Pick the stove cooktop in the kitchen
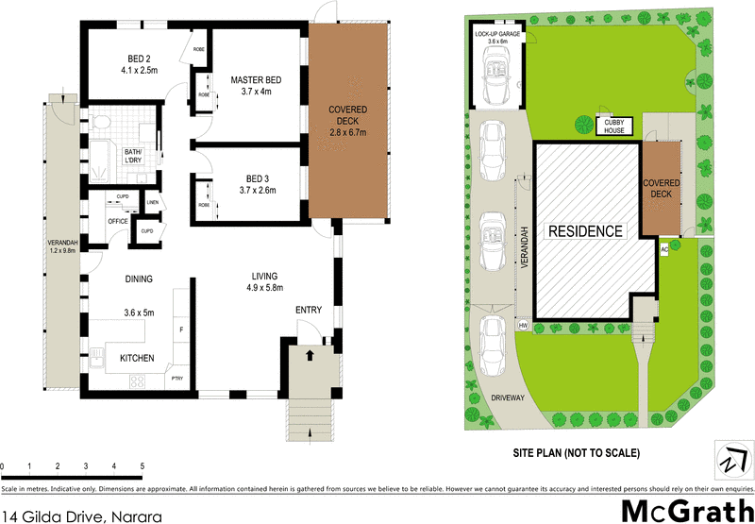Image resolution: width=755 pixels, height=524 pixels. (136, 381)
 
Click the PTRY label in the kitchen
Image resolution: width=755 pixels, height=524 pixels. (176, 380)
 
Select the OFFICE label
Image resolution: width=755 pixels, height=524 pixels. (117, 221)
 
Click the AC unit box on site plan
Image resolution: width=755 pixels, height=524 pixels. (663, 248)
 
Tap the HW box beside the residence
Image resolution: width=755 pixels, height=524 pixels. (524, 325)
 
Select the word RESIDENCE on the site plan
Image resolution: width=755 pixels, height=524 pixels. (588, 230)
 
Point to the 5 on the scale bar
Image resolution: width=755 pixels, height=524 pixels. (142, 466)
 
